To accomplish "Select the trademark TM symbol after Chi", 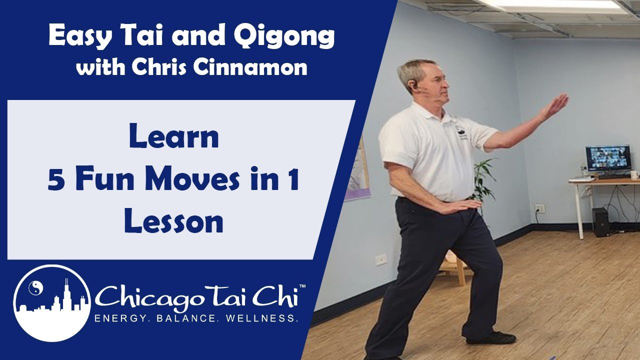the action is pyautogui.click(x=302, y=286).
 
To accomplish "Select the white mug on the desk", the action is pyautogui.click(x=634, y=174).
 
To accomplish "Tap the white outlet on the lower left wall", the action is pyautogui.click(x=381, y=260).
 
